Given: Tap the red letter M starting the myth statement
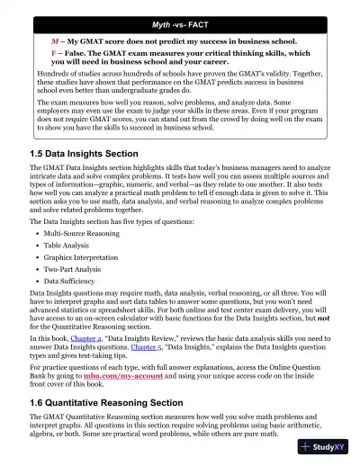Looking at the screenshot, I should (x=54, y=42).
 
